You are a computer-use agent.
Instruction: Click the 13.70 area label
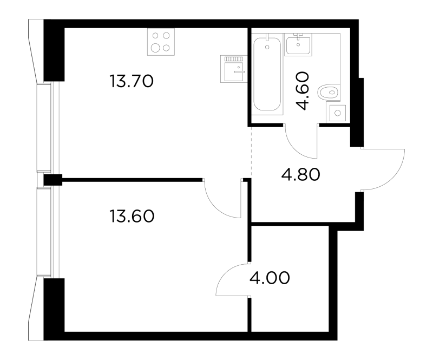[132, 82]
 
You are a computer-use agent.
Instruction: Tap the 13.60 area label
[132, 217]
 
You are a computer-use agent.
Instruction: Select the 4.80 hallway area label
[301, 175]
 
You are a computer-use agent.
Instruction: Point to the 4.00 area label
[270, 278]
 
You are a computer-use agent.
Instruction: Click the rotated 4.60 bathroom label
[303, 91]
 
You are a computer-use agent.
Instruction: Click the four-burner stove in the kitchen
[161, 42]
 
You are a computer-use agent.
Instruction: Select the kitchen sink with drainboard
[231, 69]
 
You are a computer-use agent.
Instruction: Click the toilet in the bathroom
[329, 92]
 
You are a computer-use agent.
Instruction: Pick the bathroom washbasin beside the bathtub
[297, 44]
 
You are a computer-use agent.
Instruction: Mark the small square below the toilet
[337, 113]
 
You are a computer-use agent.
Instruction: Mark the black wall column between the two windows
[53, 179]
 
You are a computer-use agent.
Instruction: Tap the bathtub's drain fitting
[267, 45]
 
